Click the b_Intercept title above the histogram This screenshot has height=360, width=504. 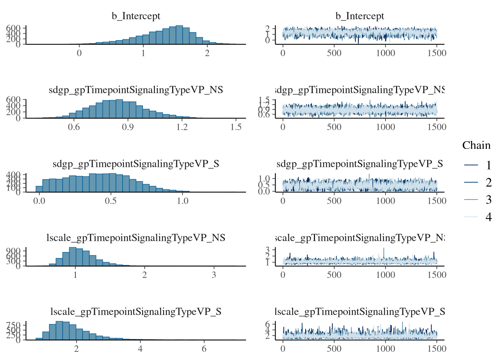[x=136, y=16]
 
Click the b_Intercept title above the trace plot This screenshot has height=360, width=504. [x=360, y=16]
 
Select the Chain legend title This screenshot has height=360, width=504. [x=476, y=145]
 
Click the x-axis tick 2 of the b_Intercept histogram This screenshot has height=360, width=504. [x=207, y=53]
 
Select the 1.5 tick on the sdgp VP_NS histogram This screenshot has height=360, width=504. [x=236, y=127]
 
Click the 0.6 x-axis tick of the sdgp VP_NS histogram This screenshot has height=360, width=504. [x=74, y=127]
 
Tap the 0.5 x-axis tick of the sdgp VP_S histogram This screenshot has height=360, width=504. [x=111, y=201]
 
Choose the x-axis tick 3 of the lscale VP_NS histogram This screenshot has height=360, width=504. [x=214, y=275]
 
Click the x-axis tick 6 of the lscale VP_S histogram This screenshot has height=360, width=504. [x=204, y=349]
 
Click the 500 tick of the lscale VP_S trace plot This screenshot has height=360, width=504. [x=334, y=349]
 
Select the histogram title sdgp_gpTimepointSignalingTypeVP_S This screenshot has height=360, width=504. [x=136, y=164]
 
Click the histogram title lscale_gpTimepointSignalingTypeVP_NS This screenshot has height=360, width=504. [x=136, y=238]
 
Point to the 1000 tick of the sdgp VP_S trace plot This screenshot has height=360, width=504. [x=385, y=201]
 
